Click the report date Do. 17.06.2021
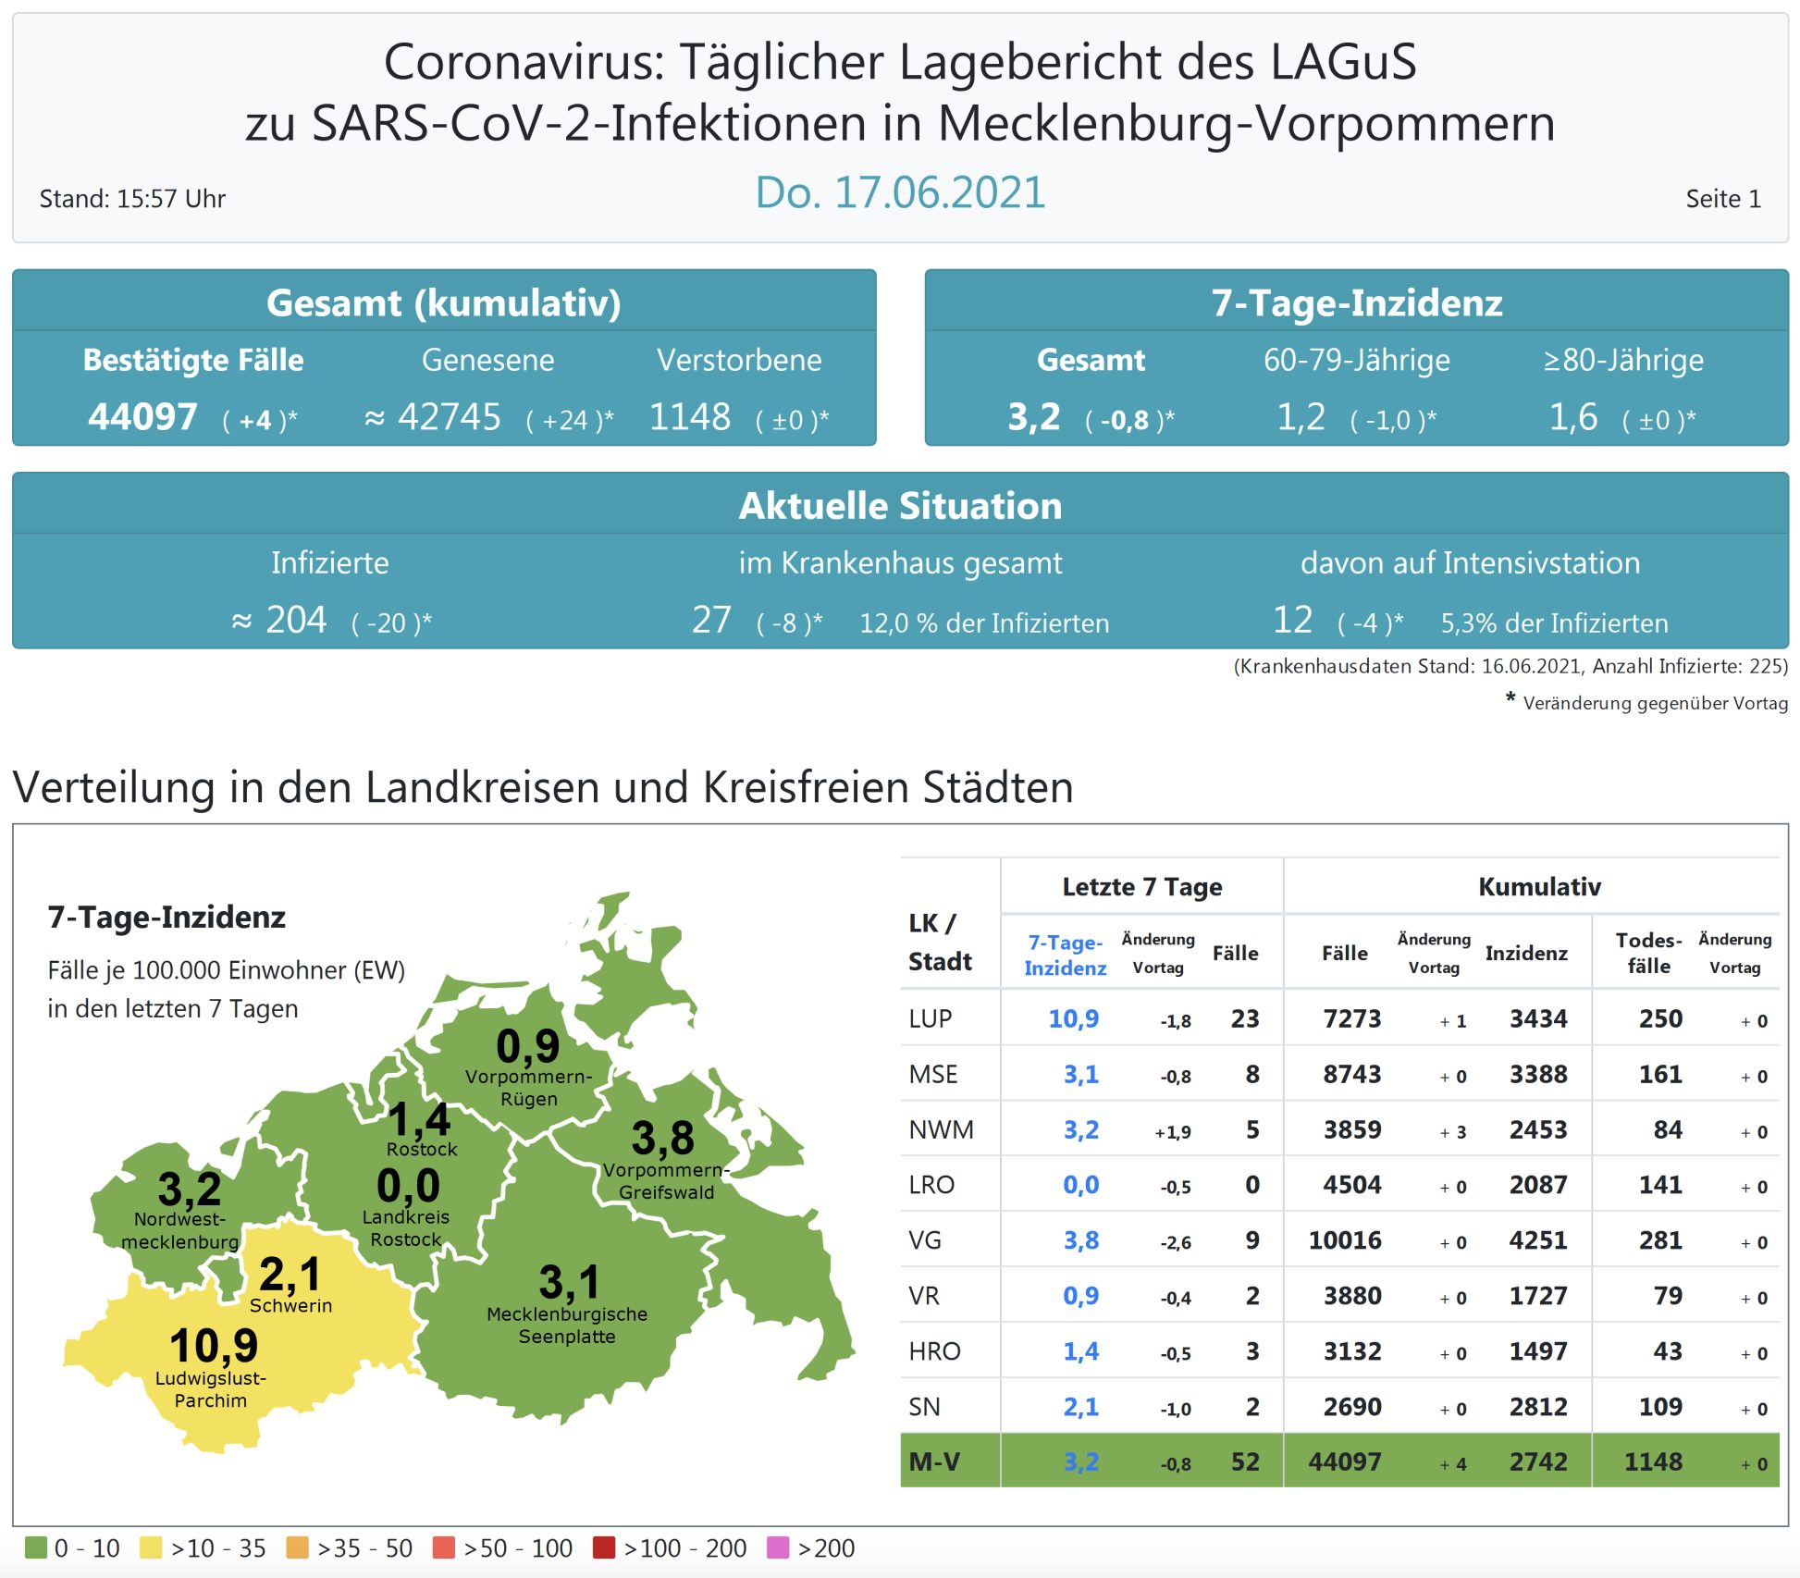click(899, 193)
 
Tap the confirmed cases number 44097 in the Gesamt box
click(142, 417)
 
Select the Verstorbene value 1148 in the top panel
click(690, 417)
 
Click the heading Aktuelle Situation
click(899, 506)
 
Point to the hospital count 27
click(711, 620)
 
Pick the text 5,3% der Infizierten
click(1554, 623)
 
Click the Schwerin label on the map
click(290, 1305)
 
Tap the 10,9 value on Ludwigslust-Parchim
click(214, 1345)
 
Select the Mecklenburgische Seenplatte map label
click(566, 1325)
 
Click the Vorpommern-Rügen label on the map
click(528, 1088)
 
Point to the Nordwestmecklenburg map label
click(179, 1230)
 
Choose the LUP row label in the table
click(930, 1018)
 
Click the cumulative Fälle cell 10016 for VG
click(1344, 1240)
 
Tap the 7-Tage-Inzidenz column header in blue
click(1065, 955)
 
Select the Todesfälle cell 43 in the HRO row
click(1667, 1351)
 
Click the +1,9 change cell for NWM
click(1172, 1131)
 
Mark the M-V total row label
click(934, 1461)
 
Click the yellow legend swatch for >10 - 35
click(151, 1547)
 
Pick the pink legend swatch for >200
click(778, 1547)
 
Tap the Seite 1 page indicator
click(1722, 199)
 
